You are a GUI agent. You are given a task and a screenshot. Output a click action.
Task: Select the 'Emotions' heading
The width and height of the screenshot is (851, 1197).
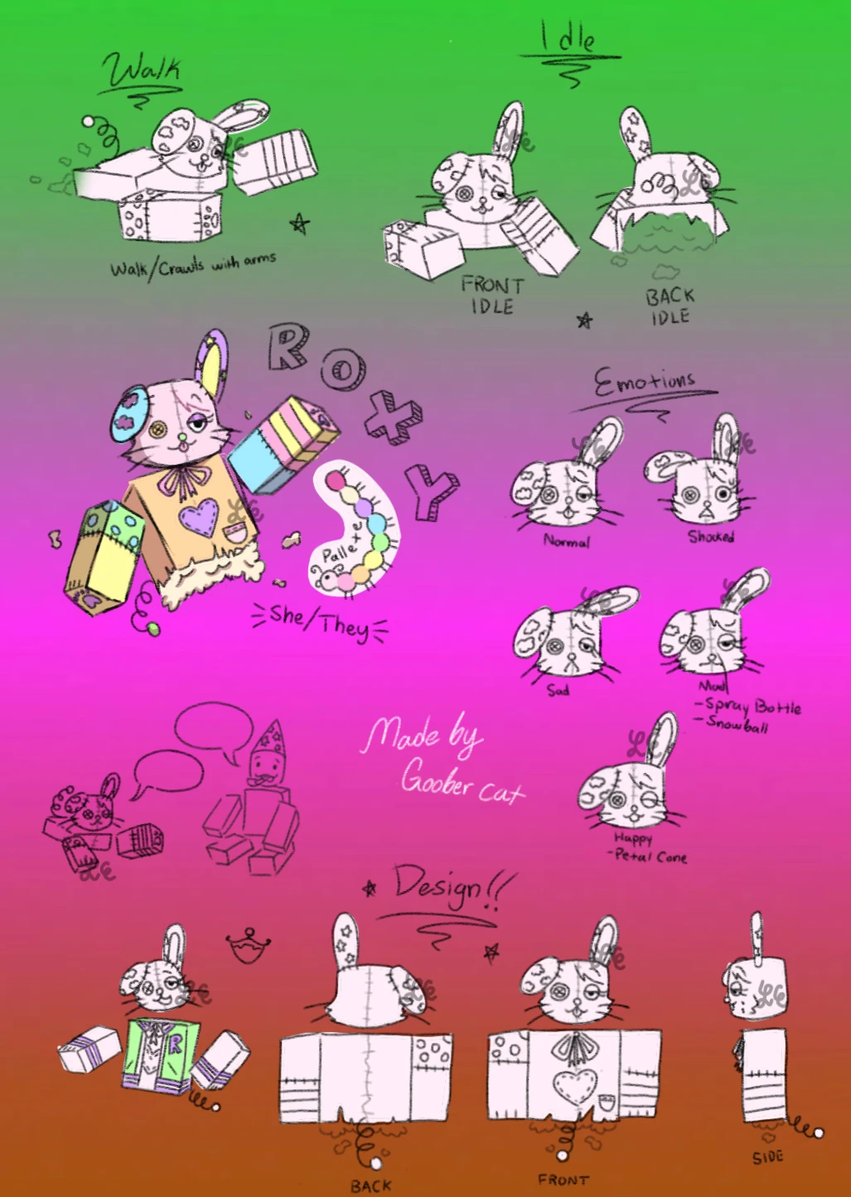tap(644, 384)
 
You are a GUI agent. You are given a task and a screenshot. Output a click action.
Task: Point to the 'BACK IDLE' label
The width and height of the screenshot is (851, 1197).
tap(670, 306)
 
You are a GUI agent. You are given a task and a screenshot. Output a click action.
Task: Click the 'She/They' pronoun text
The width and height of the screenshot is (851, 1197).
tap(320, 620)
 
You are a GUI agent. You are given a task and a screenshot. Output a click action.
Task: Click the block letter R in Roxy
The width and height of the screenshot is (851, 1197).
tap(289, 345)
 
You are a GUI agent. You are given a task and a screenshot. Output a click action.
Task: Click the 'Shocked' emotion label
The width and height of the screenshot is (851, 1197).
tap(711, 537)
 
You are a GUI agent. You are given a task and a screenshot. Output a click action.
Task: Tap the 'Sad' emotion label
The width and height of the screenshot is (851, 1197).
tap(558, 689)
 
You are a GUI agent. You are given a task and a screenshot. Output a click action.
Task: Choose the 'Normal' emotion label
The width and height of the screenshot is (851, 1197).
tap(567, 541)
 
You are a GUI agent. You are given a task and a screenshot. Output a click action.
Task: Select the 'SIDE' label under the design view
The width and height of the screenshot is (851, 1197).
tap(767, 1157)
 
